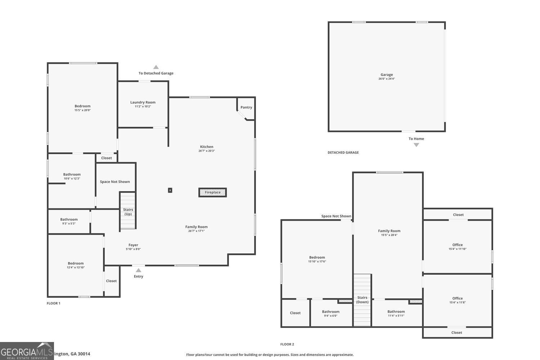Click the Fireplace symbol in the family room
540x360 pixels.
pos(212,192)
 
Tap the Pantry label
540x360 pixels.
pos(246,107)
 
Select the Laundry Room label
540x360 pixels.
pos(143,102)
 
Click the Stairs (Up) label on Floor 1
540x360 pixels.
pos(128,212)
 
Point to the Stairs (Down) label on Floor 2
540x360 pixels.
pos(362,300)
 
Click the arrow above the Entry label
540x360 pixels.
pos(138,270)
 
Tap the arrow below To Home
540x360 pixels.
pos(416,145)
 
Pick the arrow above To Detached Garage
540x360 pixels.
pos(156,67)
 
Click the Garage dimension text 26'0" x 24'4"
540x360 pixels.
pos(387,79)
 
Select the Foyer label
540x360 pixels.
pos(133,245)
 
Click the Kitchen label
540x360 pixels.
pos(207,147)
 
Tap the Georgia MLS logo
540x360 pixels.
pos(27,351)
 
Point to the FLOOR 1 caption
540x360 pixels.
pos(54,303)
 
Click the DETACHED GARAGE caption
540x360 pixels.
pos(343,153)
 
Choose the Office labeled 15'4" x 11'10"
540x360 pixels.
pos(458,247)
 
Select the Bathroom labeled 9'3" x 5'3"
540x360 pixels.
pos(69,221)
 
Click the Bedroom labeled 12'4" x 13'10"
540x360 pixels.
pos(76,265)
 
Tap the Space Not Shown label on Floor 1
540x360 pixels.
pos(115,182)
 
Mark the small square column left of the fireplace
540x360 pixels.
pos(170,190)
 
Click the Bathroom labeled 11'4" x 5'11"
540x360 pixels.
pos(396,313)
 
